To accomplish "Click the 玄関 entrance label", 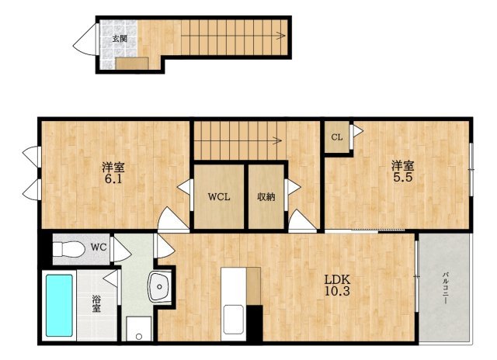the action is [x=120, y=39].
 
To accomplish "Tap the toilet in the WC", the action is [x=69, y=250].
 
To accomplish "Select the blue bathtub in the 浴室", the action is [x=59, y=305].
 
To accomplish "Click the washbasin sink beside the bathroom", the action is [x=160, y=286].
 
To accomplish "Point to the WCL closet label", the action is [x=219, y=197].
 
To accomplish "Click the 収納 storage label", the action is [x=266, y=197].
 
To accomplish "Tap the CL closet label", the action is [x=336, y=137].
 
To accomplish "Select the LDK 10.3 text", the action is [x=337, y=285].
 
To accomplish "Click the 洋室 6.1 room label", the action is [x=113, y=172].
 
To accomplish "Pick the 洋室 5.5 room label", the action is [x=403, y=171].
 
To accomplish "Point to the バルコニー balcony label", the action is [x=445, y=288].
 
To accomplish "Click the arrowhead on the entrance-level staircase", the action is [x=281, y=36].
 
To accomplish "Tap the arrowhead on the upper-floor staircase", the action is [x=278, y=140].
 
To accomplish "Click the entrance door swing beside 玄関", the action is [x=85, y=40].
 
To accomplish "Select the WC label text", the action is [x=99, y=247].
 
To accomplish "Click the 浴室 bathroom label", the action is [x=96, y=303].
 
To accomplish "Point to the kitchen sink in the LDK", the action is [x=234, y=320].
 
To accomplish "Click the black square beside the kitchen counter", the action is [x=255, y=323].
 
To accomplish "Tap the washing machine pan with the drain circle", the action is [x=139, y=329].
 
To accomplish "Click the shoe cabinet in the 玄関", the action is [x=132, y=64].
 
